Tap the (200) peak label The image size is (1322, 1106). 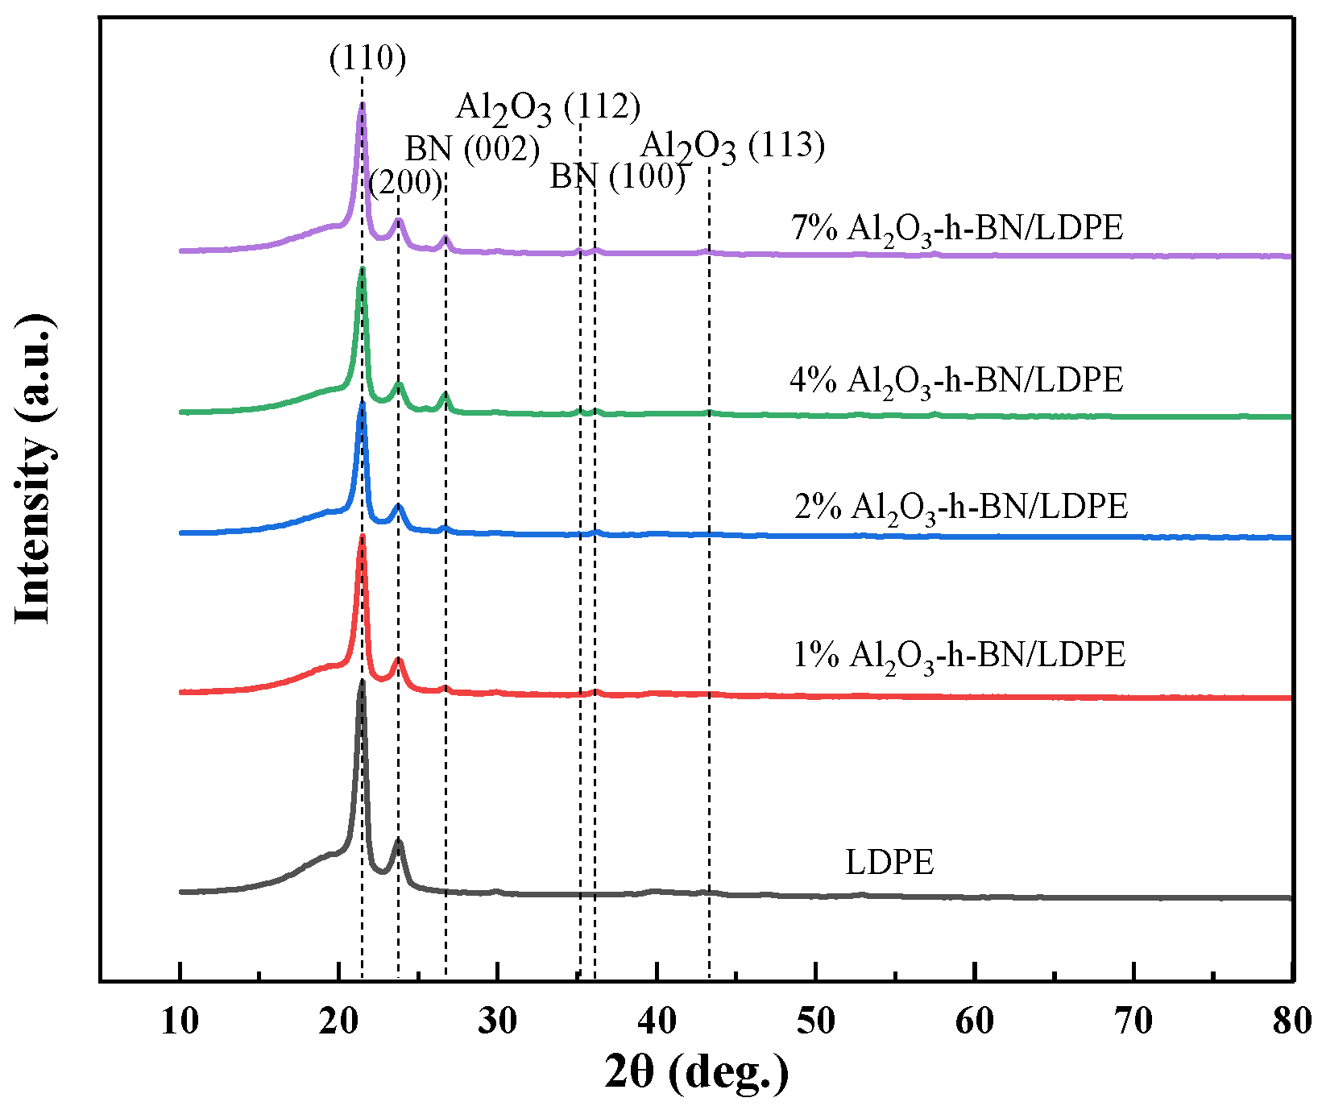pyautogui.click(x=405, y=182)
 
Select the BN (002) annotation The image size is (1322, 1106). pyautogui.click(x=472, y=149)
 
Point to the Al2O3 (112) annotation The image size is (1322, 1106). pyautogui.click(x=548, y=107)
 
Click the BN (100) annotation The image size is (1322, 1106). pyautogui.click(x=617, y=176)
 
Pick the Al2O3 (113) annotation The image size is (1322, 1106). pyautogui.click(x=732, y=147)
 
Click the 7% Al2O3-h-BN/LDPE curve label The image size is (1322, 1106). pyautogui.click(x=957, y=229)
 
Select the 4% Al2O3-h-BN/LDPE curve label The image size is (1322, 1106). pyautogui.click(x=956, y=380)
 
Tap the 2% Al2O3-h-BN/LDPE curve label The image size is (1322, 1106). pyautogui.click(x=961, y=507)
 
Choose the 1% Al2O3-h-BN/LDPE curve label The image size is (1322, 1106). pyautogui.click(x=959, y=655)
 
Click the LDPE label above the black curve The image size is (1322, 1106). pyautogui.click(x=889, y=863)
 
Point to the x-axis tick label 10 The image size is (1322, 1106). pyautogui.click(x=180, y=1021)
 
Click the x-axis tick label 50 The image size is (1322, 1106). pyautogui.click(x=816, y=1021)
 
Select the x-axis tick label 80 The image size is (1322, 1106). pyautogui.click(x=1291, y=1021)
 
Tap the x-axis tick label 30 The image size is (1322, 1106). pyautogui.click(x=498, y=1021)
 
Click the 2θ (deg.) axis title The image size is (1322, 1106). pyautogui.click(x=696, y=1072)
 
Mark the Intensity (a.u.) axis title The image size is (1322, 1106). pyautogui.click(x=35, y=470)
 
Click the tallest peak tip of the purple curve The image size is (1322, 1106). pyautogui.click(x=363, y=105)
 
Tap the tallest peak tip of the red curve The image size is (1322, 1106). pyautogui.click(x=362, y=536)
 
